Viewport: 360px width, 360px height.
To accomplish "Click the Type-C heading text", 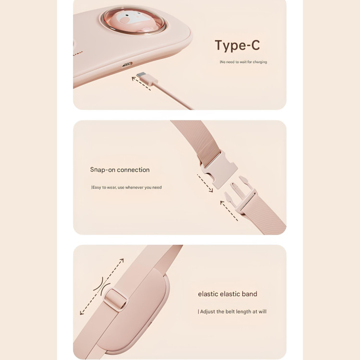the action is (237, 45).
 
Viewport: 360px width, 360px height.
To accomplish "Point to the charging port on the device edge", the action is (127, 64).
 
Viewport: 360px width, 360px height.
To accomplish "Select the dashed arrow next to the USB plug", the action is (141, 84).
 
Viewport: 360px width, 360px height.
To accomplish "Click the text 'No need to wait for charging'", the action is (243, 62).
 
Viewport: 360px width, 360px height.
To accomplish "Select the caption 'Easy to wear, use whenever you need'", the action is (127, 187).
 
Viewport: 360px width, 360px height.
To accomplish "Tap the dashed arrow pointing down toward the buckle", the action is (205, 183).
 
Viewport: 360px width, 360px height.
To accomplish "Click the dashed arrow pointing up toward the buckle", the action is (229, 211).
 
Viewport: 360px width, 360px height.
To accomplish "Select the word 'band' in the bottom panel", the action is (249, 294).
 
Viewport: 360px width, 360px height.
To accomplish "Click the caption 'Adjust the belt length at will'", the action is (232, 312).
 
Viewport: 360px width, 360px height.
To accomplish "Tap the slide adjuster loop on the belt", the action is (115, 300).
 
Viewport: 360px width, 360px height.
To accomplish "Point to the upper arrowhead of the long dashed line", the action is (122, 261).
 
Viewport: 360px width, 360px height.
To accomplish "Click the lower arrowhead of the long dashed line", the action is (82, 312).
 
